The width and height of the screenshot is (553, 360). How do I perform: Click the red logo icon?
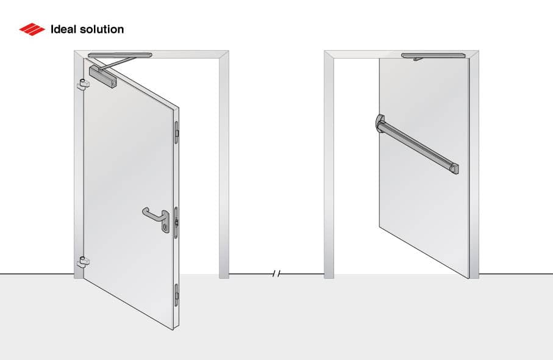(32, 29)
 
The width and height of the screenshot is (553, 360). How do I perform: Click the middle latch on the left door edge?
(176, 220)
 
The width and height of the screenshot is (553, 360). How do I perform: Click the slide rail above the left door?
(120, 56)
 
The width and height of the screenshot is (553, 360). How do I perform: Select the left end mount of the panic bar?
(380, 123)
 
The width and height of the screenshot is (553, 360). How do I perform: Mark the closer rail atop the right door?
(433, 56)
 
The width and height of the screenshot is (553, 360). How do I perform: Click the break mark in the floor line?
(276, 275)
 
